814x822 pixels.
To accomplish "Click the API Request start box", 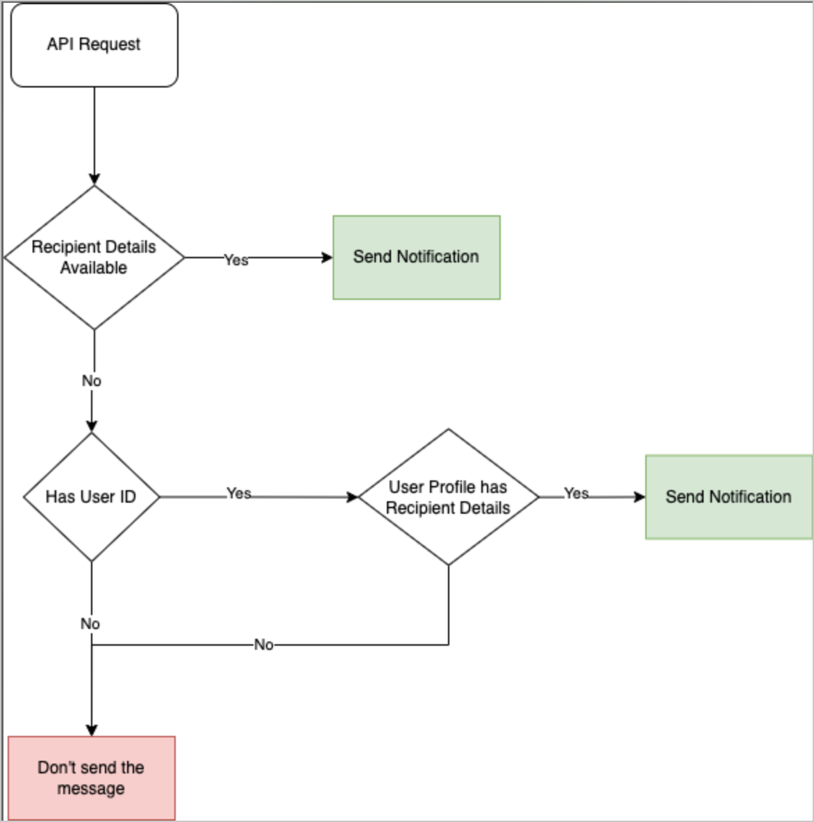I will pyautogui.click(x=94, y=45).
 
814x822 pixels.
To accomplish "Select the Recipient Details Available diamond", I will pyautogui.click(x=94, y=258).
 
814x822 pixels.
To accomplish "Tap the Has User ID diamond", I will pyautogui.click(x=91, y=497).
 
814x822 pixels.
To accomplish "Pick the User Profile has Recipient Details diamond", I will pyautogui.click(x=448, y=497).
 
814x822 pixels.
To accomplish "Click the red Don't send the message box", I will pyautogui.click(x=92, y=778).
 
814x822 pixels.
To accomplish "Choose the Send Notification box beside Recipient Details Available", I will pyautogui.click(x=416, y=258).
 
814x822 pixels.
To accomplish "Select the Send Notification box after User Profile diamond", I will pyautogui.click(x=729, y=497).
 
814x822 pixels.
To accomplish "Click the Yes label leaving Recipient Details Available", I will pyautogui.click(x=236, y=260).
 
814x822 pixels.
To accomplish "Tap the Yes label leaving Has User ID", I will pyautogui.click(x=239, y=494).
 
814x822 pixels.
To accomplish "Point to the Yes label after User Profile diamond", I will pyautogui.click(x=576, y=494).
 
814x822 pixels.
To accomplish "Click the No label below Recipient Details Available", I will pyautogui.click(x=92, y=381).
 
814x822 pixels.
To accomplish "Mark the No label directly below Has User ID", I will pyautogui.click(x=90, y=624).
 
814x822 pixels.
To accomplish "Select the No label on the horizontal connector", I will pyautogui.click(x=264, y=645).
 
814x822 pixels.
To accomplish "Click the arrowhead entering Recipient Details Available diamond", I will pyautogui.click(x=94, y=180).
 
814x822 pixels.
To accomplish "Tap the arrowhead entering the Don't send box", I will pyautogui.click(x=92, y=730).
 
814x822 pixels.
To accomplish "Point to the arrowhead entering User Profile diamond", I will pyautogui.click(x=353, y=497).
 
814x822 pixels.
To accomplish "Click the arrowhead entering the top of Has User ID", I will pyautogui.click(x=92, y=426).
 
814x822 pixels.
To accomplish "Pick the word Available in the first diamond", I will pyautogui.click(x=94, y=268).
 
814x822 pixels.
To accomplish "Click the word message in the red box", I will pyautogui.click(x=91, y=789).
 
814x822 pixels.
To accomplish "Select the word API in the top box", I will pyautogui.click(x=60, y=44).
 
